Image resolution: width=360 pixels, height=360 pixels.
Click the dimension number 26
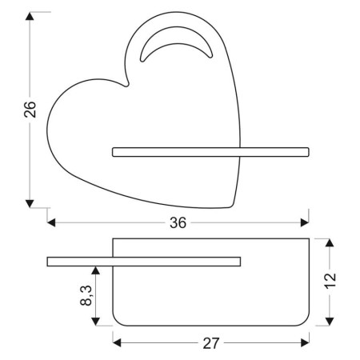point(30,110)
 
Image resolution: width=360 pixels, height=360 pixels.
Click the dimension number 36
point(178,223)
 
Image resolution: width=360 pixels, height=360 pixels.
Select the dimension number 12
point(332,280)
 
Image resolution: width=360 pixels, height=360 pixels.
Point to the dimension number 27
point(210,343)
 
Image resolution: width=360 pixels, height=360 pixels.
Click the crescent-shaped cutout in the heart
point(177,50)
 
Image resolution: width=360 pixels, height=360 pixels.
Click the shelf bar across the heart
point(210,150)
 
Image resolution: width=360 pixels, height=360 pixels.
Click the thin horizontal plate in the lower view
point(144,260)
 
